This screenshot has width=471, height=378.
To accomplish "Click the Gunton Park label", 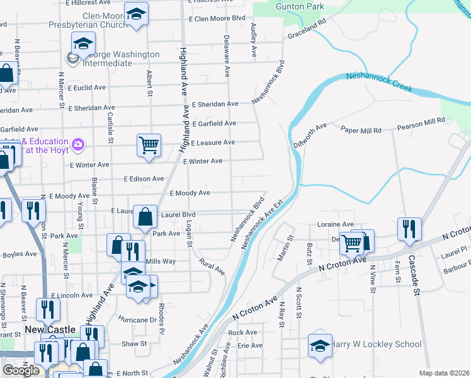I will (x=300, y=6).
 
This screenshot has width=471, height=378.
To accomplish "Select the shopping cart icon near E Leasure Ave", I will (x=149, y=145).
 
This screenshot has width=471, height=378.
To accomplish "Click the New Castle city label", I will (x=51, y=330).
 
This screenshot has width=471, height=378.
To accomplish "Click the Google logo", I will (x=21, y=370).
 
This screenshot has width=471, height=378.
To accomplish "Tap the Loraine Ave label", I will (x=336, y=224).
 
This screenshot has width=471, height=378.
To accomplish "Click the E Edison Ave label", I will (x=144, y=179).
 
